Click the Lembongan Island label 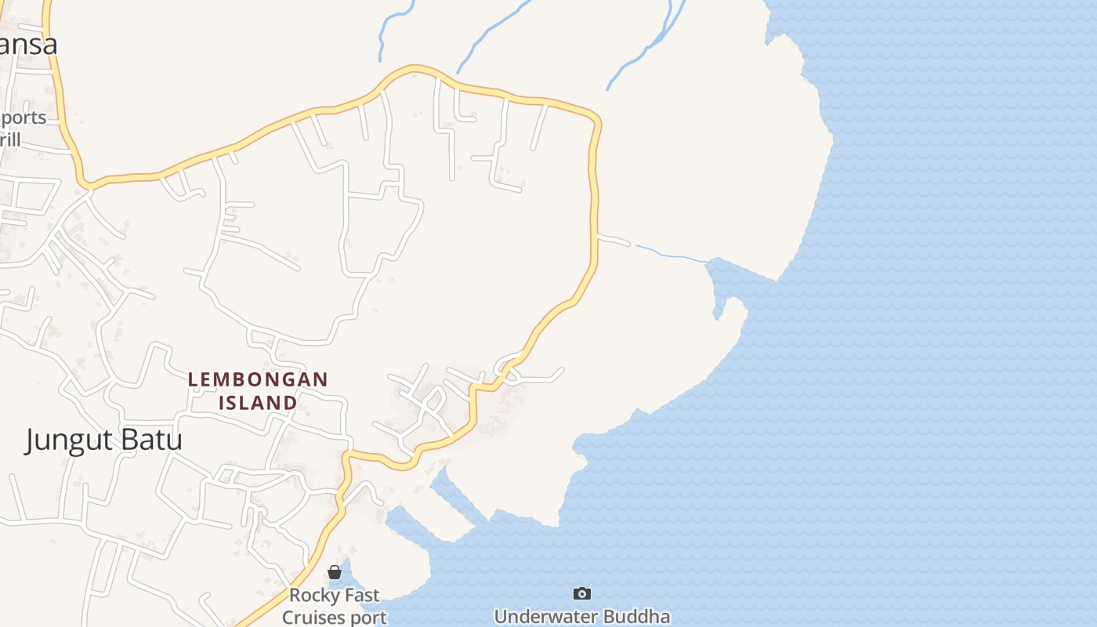(258, 390)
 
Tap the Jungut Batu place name (103, 440)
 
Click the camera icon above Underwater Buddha (581, 593)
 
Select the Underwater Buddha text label (581, 616)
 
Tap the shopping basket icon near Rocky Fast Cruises (335, 572)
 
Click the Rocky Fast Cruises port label (335, 607)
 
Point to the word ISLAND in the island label (258, 403)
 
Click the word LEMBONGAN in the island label (258, 379)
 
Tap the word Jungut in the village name (69, 440)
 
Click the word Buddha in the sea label (640, 616)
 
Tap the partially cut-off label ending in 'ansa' (28, 44)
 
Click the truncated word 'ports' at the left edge (24, 118)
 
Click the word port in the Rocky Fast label (369, 618)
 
